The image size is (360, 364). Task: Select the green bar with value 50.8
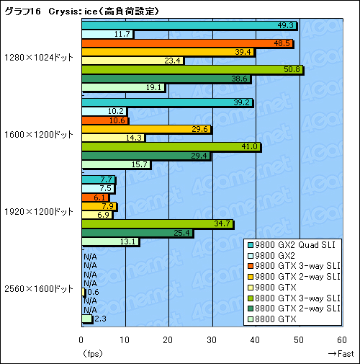click(x=192, y=71)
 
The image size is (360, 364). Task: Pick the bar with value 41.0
click(x=171, y=147)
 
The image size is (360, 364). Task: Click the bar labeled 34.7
click(x=157, y=224)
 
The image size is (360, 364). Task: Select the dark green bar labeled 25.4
click(x=137, y=233)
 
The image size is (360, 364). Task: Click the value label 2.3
click(x=100, y=319)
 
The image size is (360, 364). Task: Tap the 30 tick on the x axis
click(x=212, y=339)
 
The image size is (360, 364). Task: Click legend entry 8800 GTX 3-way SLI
click(x=302, y=298)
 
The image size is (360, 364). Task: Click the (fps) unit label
click(x=92, y=353)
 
